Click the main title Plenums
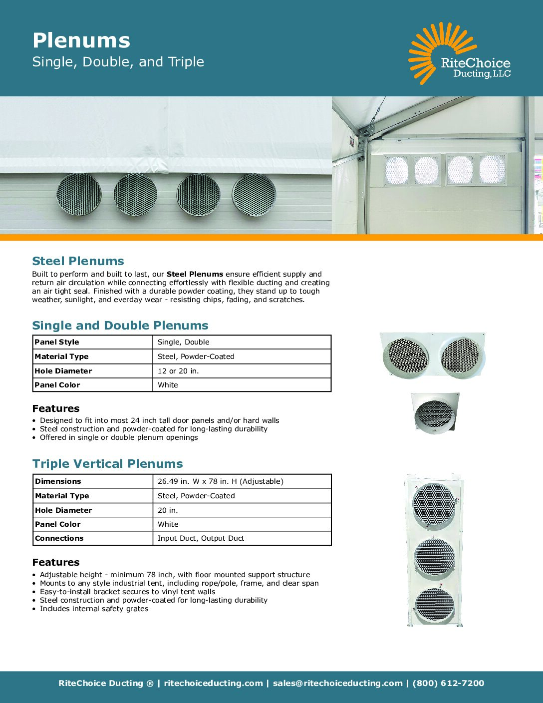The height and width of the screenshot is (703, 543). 81,40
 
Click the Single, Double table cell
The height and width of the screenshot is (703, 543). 183,342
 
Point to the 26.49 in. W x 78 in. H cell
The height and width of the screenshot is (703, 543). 220,481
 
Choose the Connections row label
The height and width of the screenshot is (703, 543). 59,538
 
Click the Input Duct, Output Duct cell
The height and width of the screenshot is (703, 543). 201,538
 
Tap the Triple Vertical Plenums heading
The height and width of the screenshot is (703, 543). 107,464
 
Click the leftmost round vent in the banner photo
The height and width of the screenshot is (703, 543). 79,194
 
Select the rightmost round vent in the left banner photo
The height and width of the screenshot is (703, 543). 254,195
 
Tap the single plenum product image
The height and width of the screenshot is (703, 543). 434,413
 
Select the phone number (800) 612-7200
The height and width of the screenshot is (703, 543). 448,683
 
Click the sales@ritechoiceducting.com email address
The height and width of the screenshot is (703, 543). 337,683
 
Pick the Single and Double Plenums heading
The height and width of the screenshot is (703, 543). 120,326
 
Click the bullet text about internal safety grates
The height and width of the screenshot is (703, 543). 94,609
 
